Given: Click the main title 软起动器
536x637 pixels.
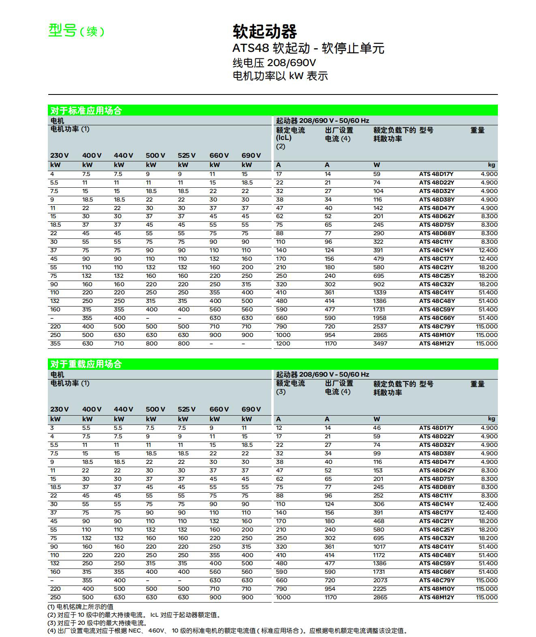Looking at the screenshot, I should [264, 31].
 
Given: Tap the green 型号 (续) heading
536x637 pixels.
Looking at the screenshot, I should [76, 30].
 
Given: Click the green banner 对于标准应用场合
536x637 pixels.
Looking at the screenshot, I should [86, 110].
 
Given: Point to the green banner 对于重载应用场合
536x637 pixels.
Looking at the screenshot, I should [86, 364].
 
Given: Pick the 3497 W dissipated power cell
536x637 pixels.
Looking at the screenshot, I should [380, 343].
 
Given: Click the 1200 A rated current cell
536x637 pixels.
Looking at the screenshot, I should [283, 343].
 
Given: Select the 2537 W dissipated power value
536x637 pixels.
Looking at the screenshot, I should [380, 326].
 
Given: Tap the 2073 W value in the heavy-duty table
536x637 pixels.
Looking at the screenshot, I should [380, 580].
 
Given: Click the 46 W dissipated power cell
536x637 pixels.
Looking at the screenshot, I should [377, 428].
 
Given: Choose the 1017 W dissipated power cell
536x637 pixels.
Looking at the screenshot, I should [379, 547].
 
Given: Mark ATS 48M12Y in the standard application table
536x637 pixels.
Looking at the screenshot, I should [437, 343].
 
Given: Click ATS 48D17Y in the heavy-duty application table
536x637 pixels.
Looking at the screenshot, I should [436, 428].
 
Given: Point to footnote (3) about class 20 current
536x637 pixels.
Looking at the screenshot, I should [97, 623].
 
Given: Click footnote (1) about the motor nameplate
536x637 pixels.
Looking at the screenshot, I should [80, 607].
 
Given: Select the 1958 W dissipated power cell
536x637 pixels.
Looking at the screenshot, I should [380, 318].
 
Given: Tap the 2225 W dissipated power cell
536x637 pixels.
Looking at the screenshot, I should [380, 589].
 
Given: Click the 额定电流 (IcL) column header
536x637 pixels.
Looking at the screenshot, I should [290, 134].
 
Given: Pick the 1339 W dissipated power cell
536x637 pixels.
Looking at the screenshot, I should [380, 292].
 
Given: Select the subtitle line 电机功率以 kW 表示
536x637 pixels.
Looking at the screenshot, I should [280, 76].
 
